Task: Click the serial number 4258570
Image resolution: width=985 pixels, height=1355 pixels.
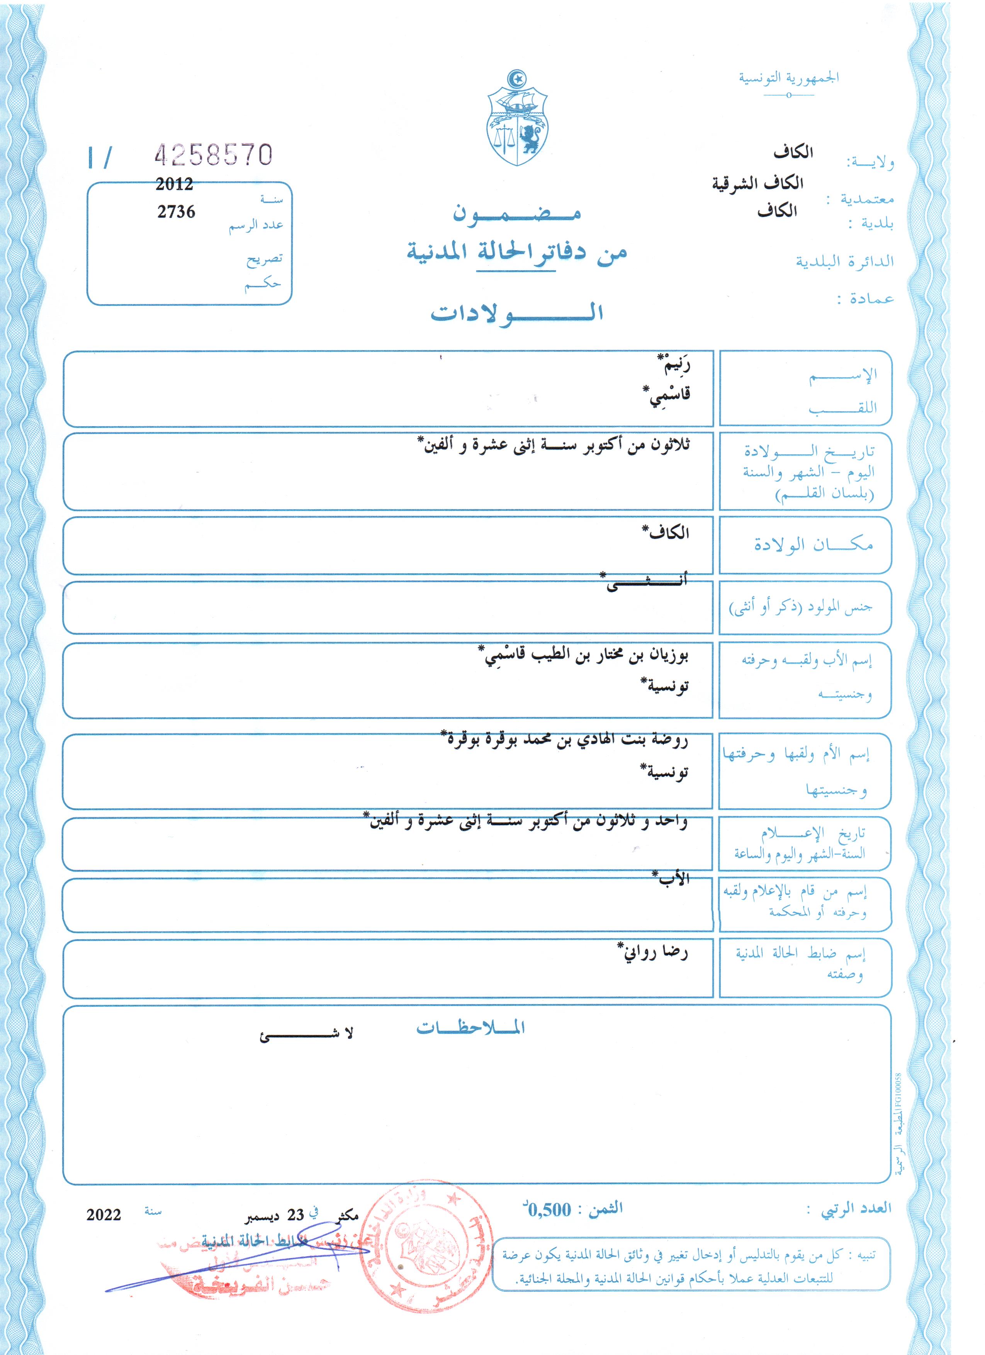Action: point(213,155)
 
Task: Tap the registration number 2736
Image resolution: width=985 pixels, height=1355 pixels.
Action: point(176,212)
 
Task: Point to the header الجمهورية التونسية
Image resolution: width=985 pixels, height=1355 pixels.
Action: point(788,78)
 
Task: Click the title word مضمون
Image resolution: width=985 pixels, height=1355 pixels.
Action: point(516,213)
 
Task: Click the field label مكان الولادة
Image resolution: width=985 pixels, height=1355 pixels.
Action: point(813,545)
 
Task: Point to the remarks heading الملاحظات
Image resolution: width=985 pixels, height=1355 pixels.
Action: point(470,1028)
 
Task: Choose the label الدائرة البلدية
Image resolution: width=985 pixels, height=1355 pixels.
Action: point(844,261)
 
